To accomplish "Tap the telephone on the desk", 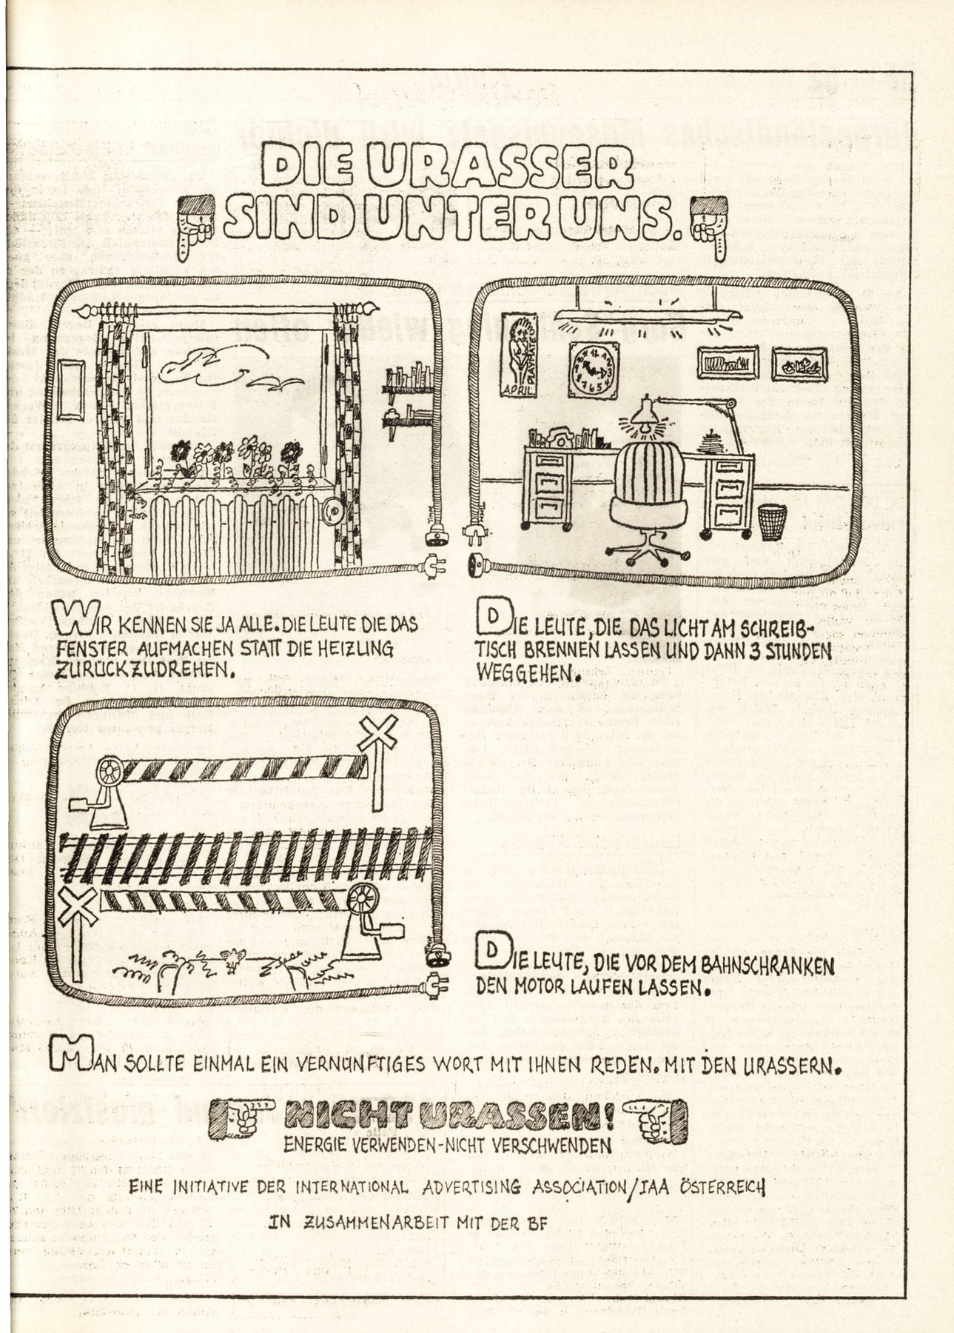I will coord(556,438).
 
